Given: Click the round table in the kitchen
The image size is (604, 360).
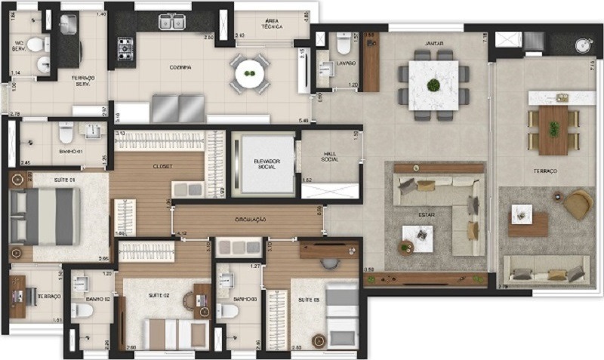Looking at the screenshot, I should pos(248,74).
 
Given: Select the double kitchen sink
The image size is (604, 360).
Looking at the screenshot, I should pos(171,22).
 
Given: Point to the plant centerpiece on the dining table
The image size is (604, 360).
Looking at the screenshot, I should pos(433,85).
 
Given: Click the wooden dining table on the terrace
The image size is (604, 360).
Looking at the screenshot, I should pos(553,129).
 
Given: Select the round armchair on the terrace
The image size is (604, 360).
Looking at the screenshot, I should pos(578,204).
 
